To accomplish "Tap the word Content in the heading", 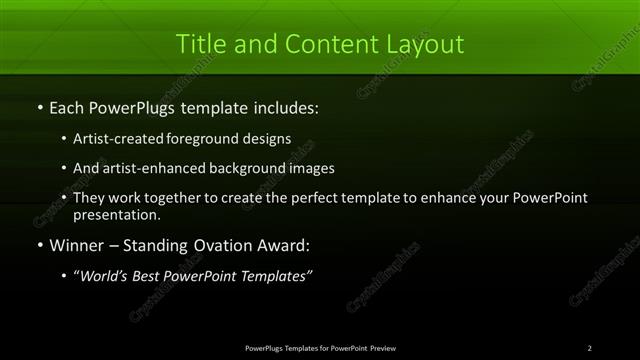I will (x=321, y=44).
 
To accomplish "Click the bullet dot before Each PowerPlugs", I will (x=39, y=107).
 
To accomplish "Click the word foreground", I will (x=214, y=138).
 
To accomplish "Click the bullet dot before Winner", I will (x=39, y=245).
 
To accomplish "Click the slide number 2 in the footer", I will (x=590, y=348).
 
